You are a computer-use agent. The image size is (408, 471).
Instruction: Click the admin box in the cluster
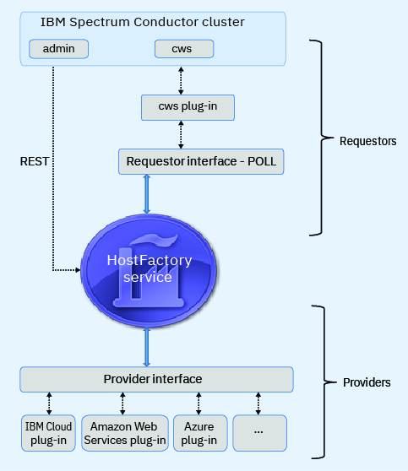(x=58, y=49)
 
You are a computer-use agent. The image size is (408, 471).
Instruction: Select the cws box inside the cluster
(x=181, y=49)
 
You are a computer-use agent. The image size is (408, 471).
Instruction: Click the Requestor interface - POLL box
(x=200, y=160)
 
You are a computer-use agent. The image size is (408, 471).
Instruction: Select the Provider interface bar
(x=156, y=379)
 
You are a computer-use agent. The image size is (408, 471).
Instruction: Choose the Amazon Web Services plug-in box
(x=123, y=432)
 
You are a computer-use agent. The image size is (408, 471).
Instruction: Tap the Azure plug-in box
(x=199, y=432)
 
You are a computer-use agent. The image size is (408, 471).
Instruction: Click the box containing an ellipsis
(x=258, y=432)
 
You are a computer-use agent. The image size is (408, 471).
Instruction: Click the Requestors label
(x=367, y=141)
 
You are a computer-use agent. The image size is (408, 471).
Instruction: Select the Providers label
(x=367, y=382)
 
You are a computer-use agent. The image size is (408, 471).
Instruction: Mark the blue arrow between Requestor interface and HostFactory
(x=149, y=194)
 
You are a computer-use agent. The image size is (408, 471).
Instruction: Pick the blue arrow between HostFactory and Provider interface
(x=149, y=345)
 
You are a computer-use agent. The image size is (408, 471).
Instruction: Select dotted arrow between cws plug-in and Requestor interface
(x=181, y=134)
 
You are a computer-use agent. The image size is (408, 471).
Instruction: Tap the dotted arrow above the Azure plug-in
(x=199, y=403)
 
